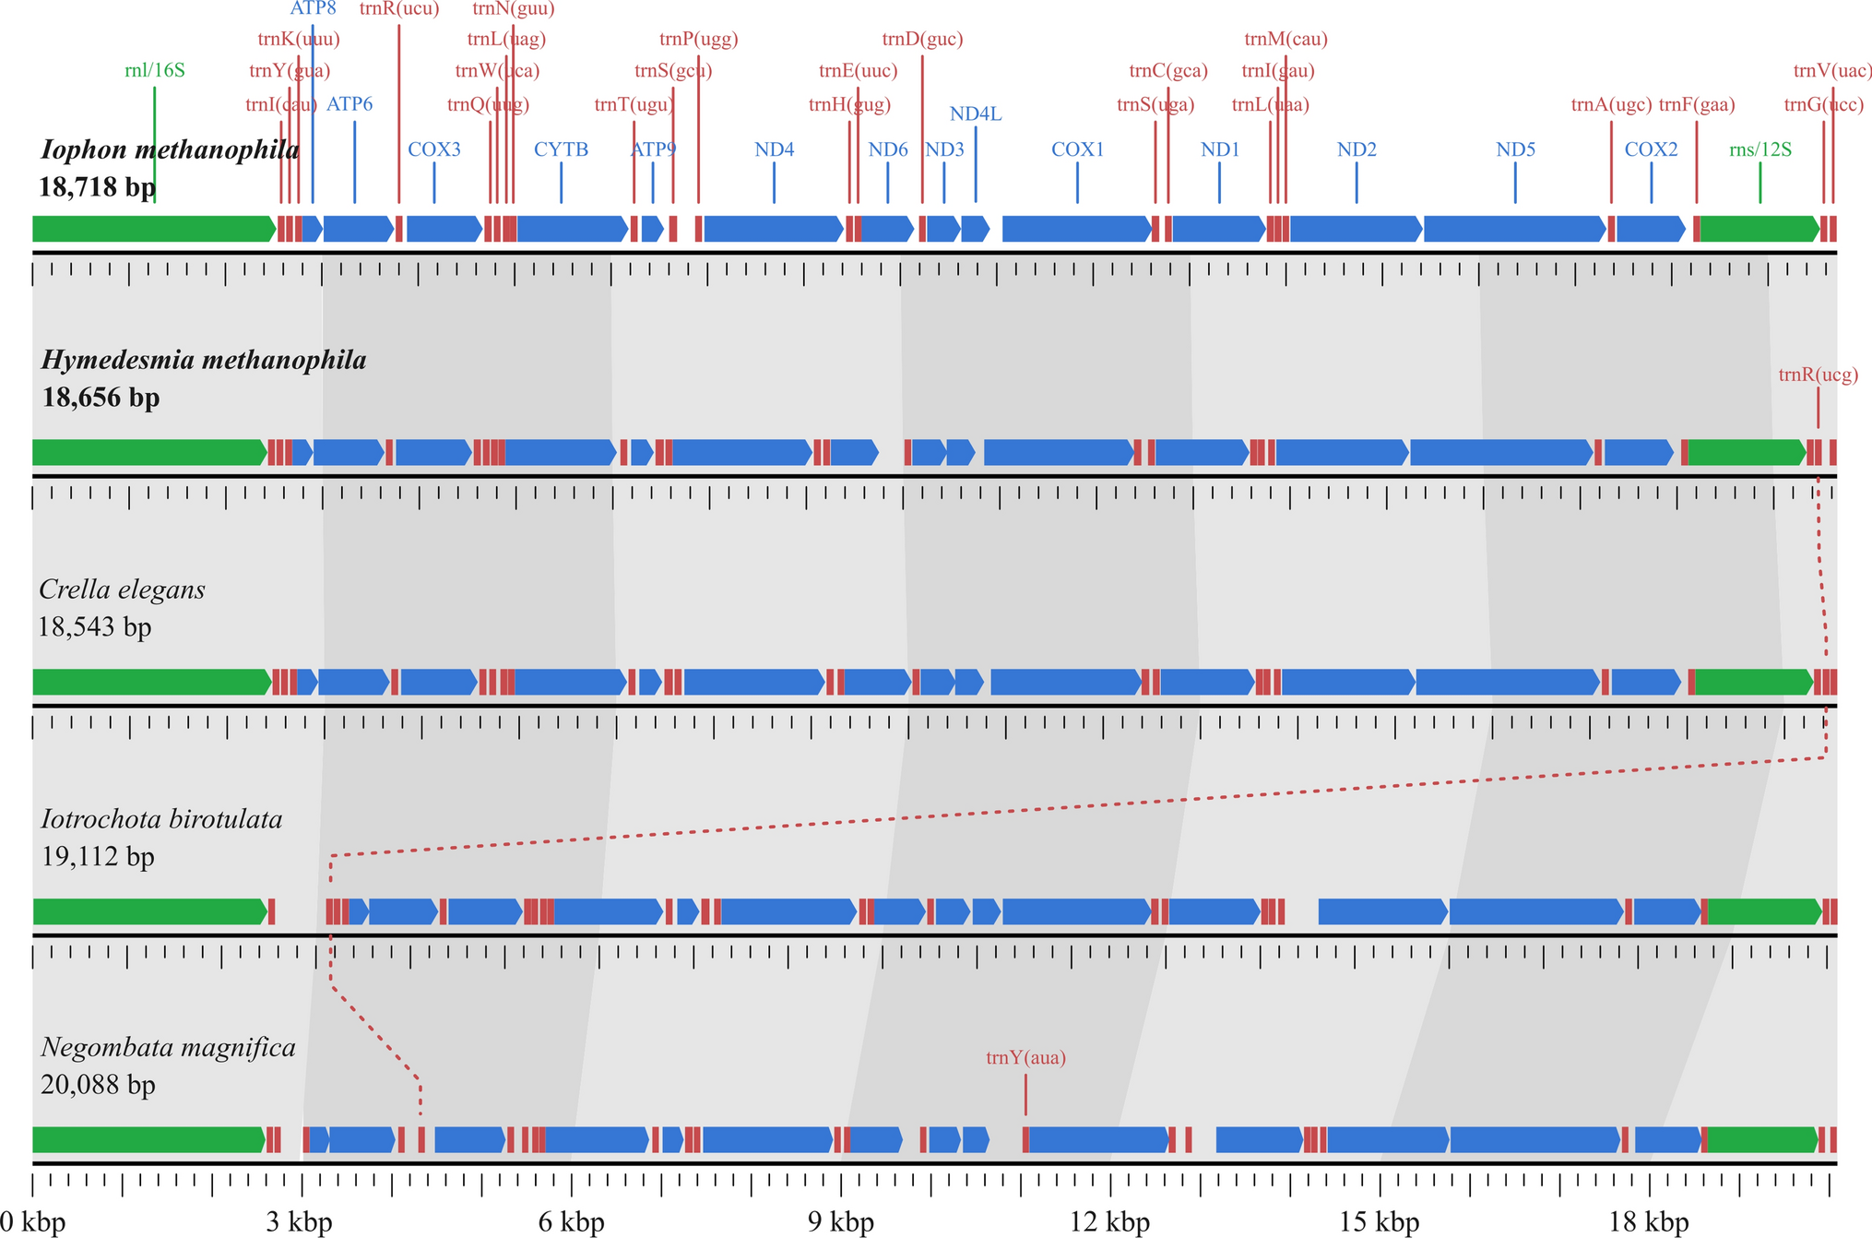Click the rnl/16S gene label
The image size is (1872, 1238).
point(154,71)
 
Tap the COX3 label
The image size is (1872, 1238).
point(433,149)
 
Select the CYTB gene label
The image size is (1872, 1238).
point(561,149)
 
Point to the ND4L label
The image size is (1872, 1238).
point(975,114)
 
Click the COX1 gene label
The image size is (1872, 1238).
point(1077,149)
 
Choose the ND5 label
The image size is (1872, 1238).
point(1515,149)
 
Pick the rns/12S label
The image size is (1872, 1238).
point(1759,149)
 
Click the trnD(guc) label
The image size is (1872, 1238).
point(922,39)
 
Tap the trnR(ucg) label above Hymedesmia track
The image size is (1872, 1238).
point(1818,375)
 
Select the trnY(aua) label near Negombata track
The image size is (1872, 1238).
point(1025,1058)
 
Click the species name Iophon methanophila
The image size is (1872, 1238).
point(170,149)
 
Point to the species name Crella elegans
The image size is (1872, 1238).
point(122,589)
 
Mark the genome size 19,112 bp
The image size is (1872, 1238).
point(98,857)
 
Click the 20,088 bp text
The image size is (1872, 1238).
point(98,1085)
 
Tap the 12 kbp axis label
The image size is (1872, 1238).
point(1109,1223)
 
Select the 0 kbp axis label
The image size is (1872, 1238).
point(33,1223)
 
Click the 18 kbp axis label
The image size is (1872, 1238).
point(1649,1223)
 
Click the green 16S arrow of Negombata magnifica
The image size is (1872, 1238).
point(148,1140)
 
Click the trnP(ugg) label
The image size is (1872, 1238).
point(698,39)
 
